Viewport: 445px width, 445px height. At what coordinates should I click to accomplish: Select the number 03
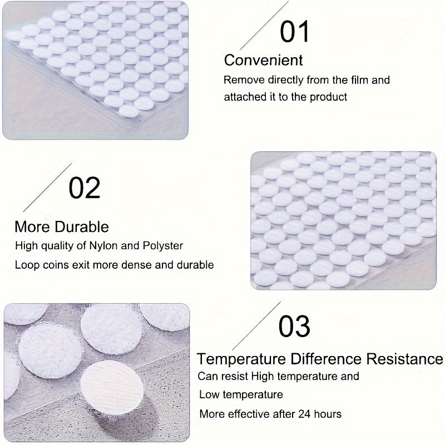pos(294,327)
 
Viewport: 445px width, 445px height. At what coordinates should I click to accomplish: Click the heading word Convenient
pos(263,60)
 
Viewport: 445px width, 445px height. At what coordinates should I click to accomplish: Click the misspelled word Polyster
pos(164,245)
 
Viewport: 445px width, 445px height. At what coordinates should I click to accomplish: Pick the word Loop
pos(27,265)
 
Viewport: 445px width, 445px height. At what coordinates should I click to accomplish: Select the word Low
pos(210,395)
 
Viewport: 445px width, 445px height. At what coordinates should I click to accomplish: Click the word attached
pos(244,97)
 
